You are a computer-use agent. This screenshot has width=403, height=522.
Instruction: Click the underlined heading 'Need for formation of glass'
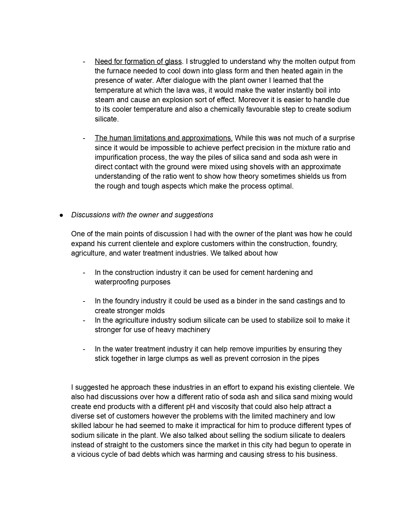point(138,61)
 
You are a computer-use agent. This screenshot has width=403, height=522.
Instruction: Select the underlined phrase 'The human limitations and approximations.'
point(163,138)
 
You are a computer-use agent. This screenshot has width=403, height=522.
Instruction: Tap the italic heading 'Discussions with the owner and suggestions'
point(142,215)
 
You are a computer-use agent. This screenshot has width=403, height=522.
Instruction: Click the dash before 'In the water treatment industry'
point(84,349)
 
